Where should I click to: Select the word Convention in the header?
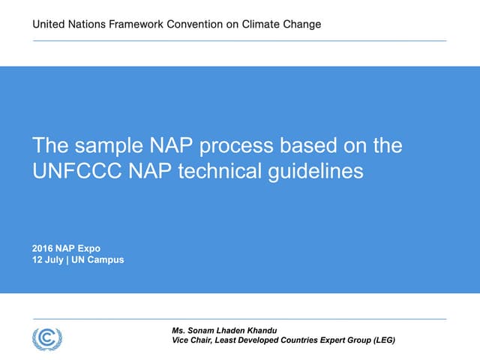(199, 24)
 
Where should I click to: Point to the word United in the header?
(49, 24)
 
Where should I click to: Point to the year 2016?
(43, 248)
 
